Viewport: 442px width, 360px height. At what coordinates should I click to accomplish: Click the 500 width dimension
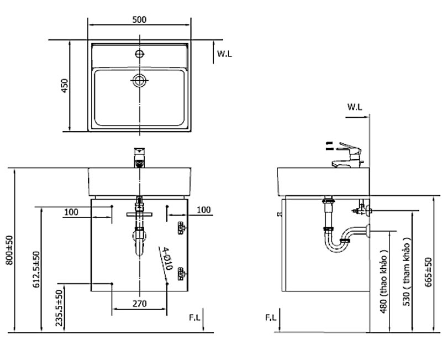point(139,19)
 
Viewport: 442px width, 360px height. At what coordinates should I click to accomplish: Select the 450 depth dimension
point(65,86)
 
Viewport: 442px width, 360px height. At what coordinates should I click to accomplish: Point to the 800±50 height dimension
point(9,251)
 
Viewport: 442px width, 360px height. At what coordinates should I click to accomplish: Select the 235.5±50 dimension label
point(58,308)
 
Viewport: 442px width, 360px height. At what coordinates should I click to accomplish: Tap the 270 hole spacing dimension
point(139,304)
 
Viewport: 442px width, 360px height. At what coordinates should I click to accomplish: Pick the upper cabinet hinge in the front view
point(181,227)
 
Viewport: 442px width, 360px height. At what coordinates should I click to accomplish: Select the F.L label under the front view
point(194,317)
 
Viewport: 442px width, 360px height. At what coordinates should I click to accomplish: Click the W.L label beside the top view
point(224,54)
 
